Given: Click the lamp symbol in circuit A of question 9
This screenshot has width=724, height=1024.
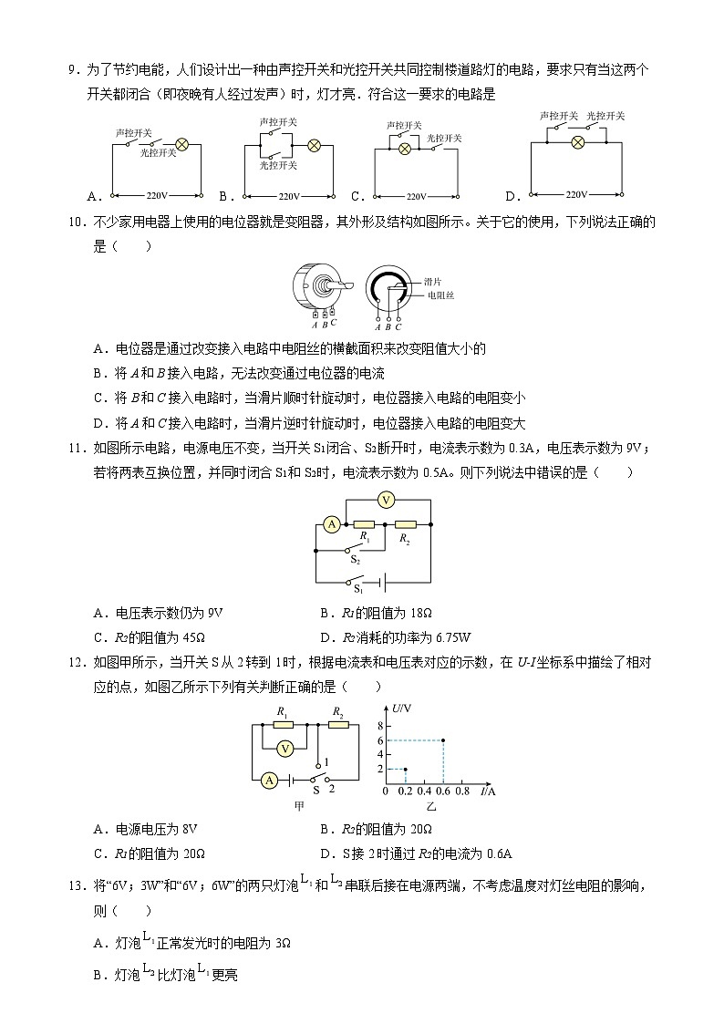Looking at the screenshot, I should click(x=181, y=144).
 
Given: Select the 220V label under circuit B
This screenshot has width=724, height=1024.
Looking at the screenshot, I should click(x=289, y=196).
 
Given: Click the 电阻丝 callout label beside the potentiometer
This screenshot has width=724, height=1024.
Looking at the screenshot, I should click(x=440, y=295).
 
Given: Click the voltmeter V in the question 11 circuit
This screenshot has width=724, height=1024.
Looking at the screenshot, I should click(x=386, y=500).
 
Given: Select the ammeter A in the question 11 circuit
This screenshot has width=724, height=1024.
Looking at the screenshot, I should click(x=332, y=523).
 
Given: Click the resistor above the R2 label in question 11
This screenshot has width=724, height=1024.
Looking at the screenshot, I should click(x=406, y=524).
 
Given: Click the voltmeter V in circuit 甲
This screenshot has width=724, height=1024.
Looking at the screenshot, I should click(x=284, y=749).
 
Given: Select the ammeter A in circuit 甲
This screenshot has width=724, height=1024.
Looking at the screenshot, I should click(x=269, y=780).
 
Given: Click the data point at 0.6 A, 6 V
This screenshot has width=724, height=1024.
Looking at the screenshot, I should click(x=443, y=740).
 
